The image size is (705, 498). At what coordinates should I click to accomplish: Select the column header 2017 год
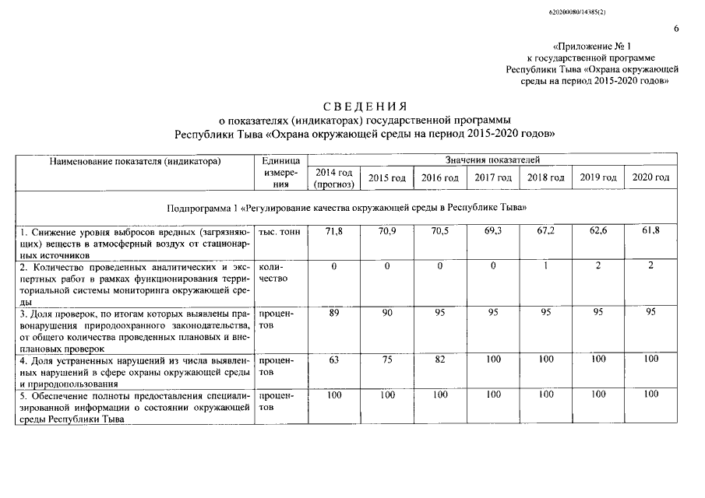click(x=493, y=178)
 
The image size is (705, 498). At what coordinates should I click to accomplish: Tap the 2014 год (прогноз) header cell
click(x=333, y=178)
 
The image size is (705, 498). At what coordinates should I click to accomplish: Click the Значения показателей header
click(x=492, y=160)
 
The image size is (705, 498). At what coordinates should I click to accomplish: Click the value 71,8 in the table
click(x=333, y=232)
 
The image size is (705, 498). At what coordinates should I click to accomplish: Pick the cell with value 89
click(x=333, y=312)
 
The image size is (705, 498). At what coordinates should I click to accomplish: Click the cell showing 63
click(x=333, y=360)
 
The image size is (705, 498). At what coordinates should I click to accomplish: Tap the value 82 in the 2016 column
click(x=440, y=360)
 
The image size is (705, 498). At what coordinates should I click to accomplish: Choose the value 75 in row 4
click(x=386, y=360)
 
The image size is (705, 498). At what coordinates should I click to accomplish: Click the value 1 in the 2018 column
click(x=545, y=266)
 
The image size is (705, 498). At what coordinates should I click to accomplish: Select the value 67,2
click(x=545, y=232)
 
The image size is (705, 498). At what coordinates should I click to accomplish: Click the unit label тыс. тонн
click(x=279, y=232)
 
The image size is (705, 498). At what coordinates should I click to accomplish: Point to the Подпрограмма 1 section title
click(x=347, y=209)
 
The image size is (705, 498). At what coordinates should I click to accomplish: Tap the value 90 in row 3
click(x=386, y=312)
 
